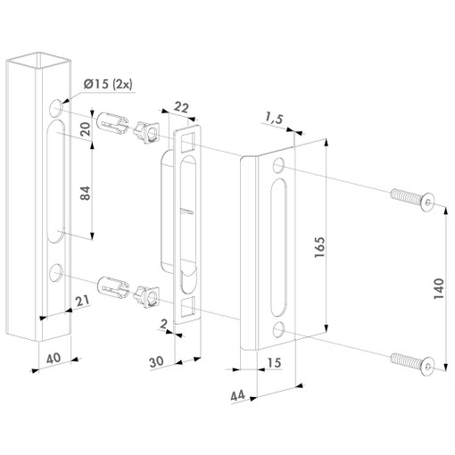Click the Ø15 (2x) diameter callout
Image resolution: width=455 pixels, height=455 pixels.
(x=108, y=85)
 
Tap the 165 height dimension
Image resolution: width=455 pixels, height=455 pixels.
(x=319, y=247)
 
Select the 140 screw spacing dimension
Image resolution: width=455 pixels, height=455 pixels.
(x=439, y=288)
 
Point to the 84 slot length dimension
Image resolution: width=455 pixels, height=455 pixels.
(x=86, y=193)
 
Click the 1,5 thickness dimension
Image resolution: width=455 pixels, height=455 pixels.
(x=274, y=119)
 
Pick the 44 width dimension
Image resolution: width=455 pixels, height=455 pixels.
(x=237, y=395)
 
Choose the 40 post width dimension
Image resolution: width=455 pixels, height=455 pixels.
(x=54, y=358)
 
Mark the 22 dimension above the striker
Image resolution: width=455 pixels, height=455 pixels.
(x=181, y=107)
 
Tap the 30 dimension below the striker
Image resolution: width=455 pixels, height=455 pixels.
(x=156, y=362)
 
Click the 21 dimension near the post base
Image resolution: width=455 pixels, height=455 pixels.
(x=82, y=301)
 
